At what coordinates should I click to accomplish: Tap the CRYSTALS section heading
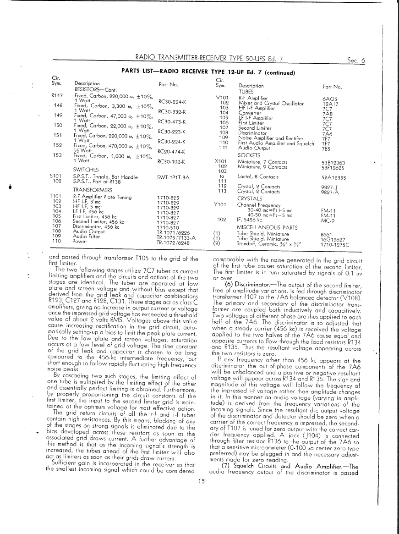(250, 198)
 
